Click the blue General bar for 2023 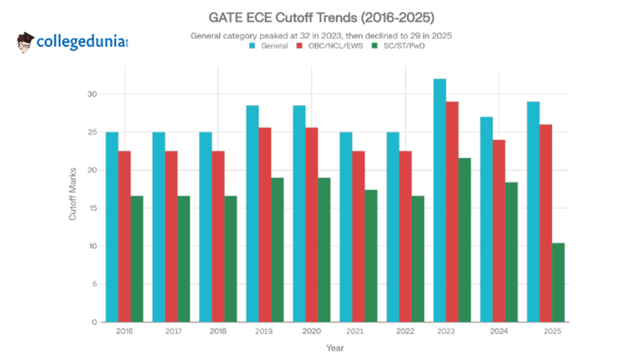tap(440, 201)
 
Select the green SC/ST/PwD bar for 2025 tap(558, 282)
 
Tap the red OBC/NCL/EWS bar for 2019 tap(265, 225)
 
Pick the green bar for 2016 tap(137, 259)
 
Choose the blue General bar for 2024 tap(486, 219)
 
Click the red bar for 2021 tap(358, 236)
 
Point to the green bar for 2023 tap(464, 240)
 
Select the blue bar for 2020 tap(299, 214)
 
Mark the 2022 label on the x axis tap(405, 332)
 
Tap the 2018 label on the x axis tap(218, 332)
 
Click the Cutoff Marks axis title tap(73, 194)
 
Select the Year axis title tap(335, 348)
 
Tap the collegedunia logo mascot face tap(25, 43)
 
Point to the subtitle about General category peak tap(321, 36)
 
